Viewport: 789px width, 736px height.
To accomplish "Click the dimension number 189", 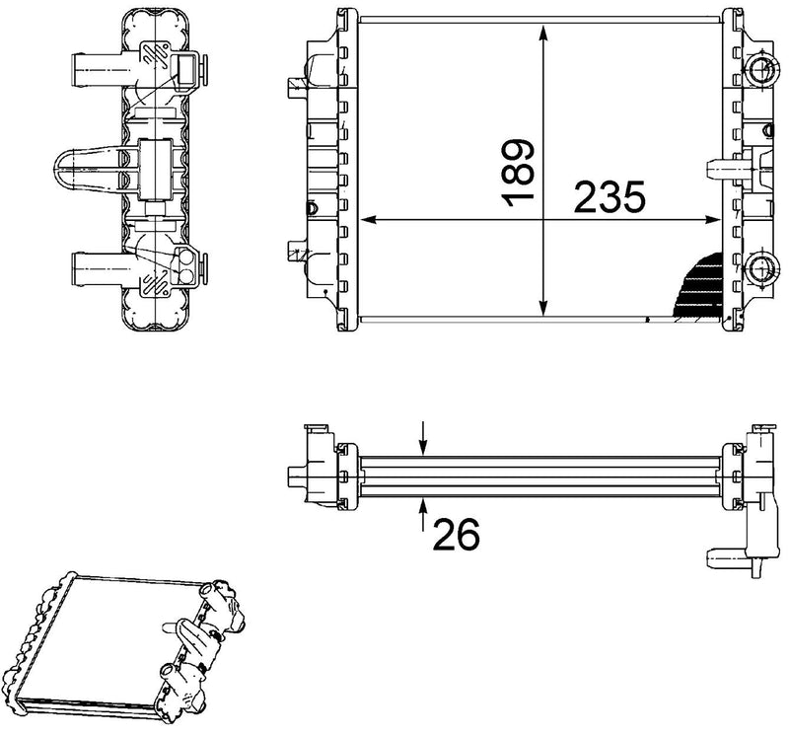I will click(x=520, y=173).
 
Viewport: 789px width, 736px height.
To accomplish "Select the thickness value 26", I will click(x=454, y=534).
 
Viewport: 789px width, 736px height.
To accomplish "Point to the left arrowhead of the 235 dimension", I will click(x=370, y=219).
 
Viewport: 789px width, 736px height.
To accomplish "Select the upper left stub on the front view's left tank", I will click(x=296, y=88).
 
